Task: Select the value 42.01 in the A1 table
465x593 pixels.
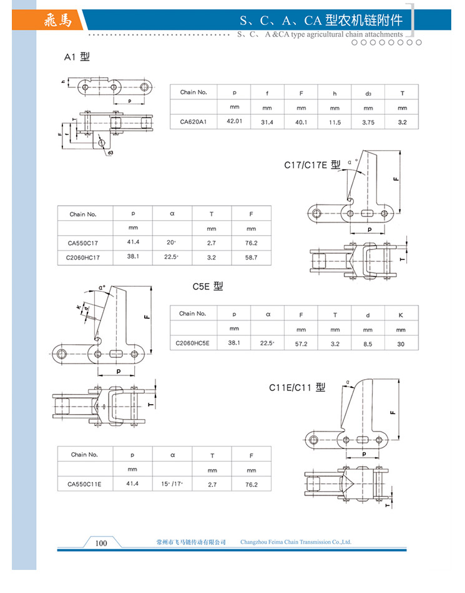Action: (234, 122)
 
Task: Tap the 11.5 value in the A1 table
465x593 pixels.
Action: (335, 122)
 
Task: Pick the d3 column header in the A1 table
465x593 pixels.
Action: (368, 93)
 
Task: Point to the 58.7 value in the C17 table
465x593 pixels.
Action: (251, 256)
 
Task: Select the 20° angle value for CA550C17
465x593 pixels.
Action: (172, 243)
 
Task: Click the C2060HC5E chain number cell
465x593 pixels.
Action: (192, 342)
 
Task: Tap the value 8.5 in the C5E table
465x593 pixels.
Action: (368, 343)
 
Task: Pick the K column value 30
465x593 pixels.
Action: (401, 343)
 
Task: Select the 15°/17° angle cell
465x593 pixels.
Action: (172, 483)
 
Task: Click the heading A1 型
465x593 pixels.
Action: (77, 57)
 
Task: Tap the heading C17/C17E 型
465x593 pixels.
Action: (313, 165)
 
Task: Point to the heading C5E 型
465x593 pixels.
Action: (207, 286)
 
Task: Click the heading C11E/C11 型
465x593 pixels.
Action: (297, 387)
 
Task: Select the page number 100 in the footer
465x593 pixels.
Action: (101, 542)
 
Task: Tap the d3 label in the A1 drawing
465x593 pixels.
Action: (110, 152)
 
